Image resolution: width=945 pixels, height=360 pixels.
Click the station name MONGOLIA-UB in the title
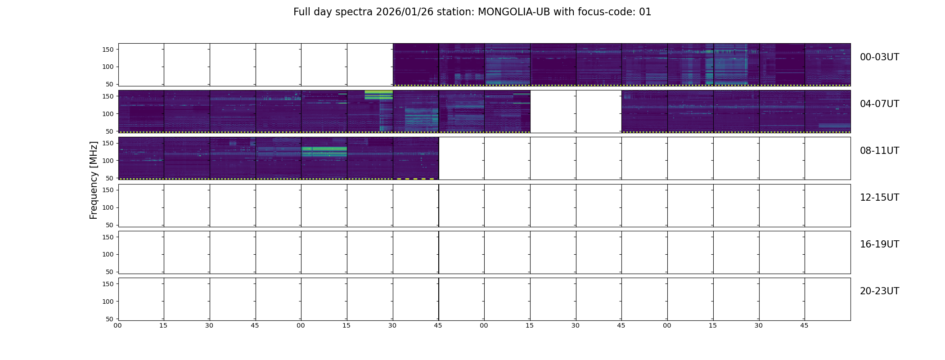click(514, 12)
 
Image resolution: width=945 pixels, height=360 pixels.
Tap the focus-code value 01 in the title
click(645, 12)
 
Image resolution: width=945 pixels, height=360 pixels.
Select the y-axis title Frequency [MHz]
click(94, 180)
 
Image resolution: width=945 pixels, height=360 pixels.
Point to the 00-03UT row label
click(879, 57)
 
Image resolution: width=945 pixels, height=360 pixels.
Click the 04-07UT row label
click(879, 104)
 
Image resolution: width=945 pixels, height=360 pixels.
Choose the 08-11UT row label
click(879, 151)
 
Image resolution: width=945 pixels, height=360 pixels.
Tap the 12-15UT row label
click(879, 198)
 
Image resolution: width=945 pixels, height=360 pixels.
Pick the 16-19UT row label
click(879, 244)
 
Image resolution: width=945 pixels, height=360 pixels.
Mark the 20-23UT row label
click(879, 291)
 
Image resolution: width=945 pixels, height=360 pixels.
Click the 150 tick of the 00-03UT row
click(108, 49)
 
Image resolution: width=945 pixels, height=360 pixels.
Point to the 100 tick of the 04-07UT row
click(108, 114)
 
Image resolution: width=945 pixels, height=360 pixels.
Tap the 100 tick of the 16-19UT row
click(108, 254)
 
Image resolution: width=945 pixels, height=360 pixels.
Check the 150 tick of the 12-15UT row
click(108, 190)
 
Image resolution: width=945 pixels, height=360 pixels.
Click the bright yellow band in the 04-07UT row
click(378, 94)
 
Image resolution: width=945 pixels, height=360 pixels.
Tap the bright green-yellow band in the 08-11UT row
click(324, 151)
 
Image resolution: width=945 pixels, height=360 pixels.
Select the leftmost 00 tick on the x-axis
click(117, 325)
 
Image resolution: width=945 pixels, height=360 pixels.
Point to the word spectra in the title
click(356, 12)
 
